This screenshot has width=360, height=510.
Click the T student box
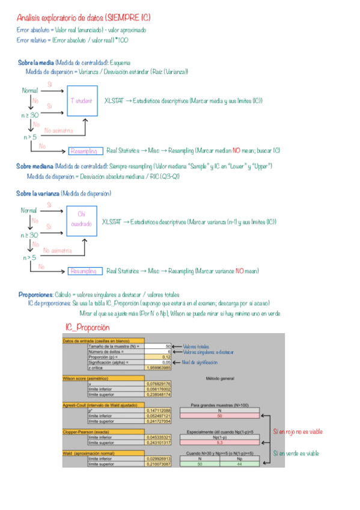click(81, 101)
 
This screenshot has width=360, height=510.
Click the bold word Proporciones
click(35, 294)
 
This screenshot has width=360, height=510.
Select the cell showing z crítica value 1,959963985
click(159, 368)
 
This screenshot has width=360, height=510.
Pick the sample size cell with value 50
click(159, 346)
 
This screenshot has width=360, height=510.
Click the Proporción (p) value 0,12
click(159, 357)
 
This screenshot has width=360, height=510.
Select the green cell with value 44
click(240, 464)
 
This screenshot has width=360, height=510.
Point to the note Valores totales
click(197, 346)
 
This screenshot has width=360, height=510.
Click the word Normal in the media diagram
click(29, 91)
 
